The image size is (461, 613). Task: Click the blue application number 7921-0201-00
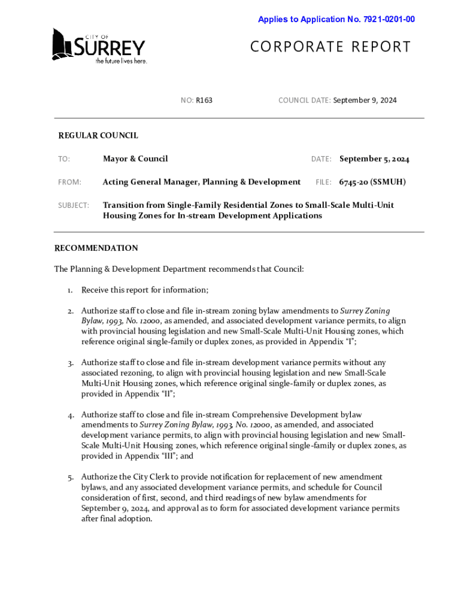coord(389,20)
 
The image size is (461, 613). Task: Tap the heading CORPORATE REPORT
coord(330,47)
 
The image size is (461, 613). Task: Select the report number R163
coord(204,101)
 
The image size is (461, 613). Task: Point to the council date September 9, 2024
coord(365,101)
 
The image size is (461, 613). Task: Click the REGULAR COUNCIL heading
coord(98,136)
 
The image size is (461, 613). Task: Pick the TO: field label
coord(64,159)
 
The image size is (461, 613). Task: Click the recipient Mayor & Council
coord(135,159)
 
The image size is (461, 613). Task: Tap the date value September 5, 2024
coord(374,159)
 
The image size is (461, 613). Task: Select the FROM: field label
coord(69,182)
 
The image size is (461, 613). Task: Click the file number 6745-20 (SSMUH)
coord(372,182)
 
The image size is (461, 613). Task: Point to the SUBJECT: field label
coord(74,205)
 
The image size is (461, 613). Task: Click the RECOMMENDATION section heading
coord(96,248)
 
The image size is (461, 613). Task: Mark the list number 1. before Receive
coord(70,290)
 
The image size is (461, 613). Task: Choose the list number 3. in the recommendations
coord(70,363)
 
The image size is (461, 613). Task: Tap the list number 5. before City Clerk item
coord(70,477)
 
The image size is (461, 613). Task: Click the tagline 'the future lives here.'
coord(122,60)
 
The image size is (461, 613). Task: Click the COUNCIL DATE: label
coord(304,101)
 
